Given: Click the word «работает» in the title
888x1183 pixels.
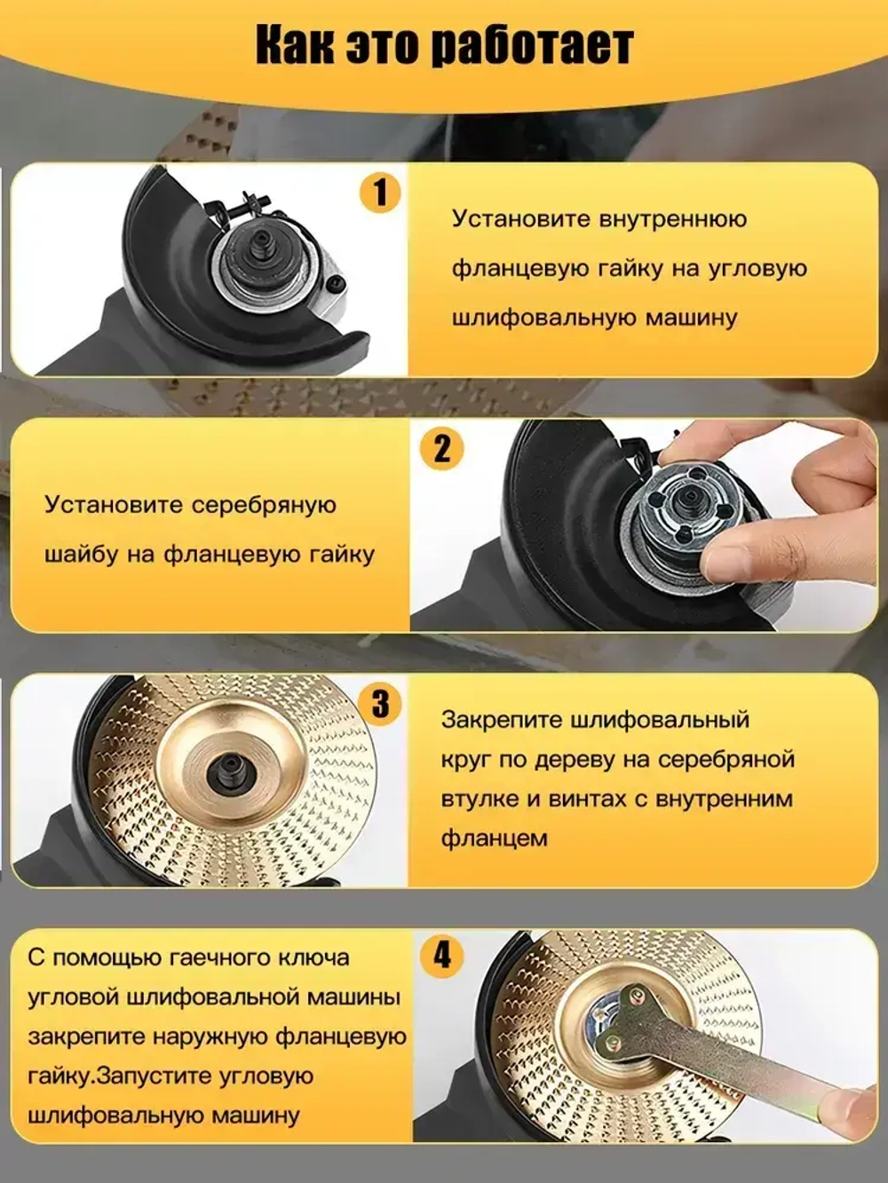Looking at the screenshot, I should pyautogui.click(x=531, y=46).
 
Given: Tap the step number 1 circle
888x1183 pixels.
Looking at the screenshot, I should pyautogui.click(x=380, y=193).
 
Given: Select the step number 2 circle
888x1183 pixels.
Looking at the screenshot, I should pyautogui.click(x=441, y=448).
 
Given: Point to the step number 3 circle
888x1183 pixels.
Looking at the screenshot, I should pyautogui.click(x=380, y=704).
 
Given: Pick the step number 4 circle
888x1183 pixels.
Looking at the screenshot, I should pyautogui.click(x=441, y=956).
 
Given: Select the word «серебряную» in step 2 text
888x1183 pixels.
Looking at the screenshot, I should pyautogui.click(x=264, y=505).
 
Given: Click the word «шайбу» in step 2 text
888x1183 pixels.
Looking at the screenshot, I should pyautogui.click(x=81, y=555).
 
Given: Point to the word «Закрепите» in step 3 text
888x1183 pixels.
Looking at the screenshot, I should pyautogui.click(x=500, y=720).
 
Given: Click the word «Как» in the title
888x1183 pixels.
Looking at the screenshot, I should pyautogui.click(x=294, y=46).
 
